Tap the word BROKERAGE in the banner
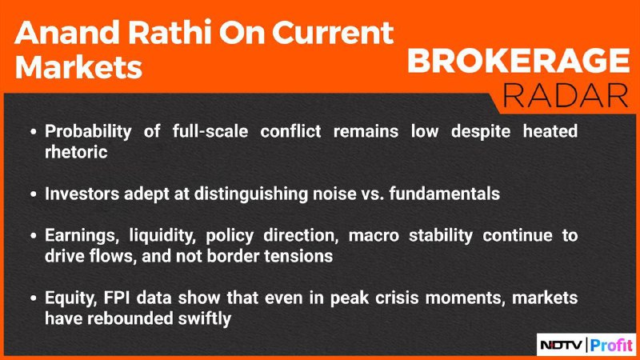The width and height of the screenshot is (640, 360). point(518,61)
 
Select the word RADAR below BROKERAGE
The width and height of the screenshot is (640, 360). point(566,96)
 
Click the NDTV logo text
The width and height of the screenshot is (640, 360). point(562,346)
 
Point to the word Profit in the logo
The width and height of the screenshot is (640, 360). point(611,346)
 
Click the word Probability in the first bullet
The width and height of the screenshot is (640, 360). point(88,132)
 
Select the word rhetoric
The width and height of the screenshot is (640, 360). point(76,152)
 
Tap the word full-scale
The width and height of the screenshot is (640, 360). point(210,131)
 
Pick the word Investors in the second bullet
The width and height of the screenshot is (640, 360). point(82,194)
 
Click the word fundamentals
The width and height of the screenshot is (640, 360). point(445,194)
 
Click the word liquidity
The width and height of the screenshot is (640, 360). point(162,236)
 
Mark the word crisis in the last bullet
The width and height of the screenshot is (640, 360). point(397,298)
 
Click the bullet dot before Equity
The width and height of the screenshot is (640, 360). point(34,298)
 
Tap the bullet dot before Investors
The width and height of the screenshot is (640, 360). point(34,194)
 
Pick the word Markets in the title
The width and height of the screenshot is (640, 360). point(78,66)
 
